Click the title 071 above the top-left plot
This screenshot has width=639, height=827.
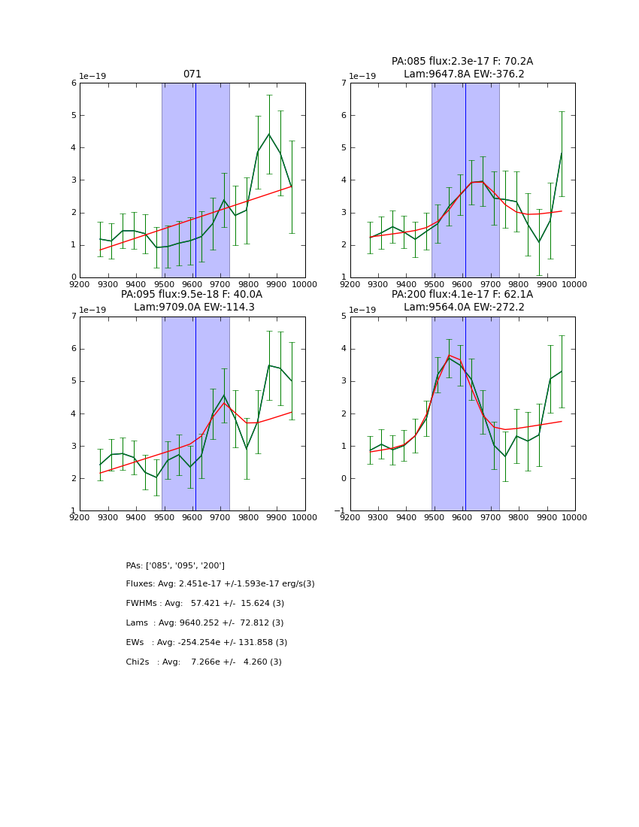click(x=192, y=74)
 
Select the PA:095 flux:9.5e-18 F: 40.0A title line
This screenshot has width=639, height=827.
click(x=192, y=295)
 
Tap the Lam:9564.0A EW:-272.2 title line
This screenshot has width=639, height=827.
click(x=462, y=307)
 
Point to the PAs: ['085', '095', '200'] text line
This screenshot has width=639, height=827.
click(x=175, y=565)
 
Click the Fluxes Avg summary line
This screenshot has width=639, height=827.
click(x=220, y=584)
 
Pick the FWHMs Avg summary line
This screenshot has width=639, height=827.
click(x=205, y=604)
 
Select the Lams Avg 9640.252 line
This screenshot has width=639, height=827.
click(x=204, y=623)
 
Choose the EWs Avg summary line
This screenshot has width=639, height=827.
click(x=207, y=643)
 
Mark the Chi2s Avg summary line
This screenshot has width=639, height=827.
click(x=204, y=662)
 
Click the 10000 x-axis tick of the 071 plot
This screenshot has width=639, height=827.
click(x=304, y=285)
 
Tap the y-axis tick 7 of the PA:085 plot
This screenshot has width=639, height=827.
click(x=343, y=83)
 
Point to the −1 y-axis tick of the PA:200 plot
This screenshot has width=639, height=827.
click(x=340, y=511)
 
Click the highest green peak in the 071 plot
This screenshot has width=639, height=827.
click(x=269, y=134)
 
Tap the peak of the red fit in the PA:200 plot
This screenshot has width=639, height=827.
click(x=449, y=355)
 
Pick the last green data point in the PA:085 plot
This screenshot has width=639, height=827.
click(x=562, y=153)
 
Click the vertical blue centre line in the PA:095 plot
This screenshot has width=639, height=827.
click(x=195, y=413)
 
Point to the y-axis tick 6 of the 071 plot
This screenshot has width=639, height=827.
click(x=73, y=83)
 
